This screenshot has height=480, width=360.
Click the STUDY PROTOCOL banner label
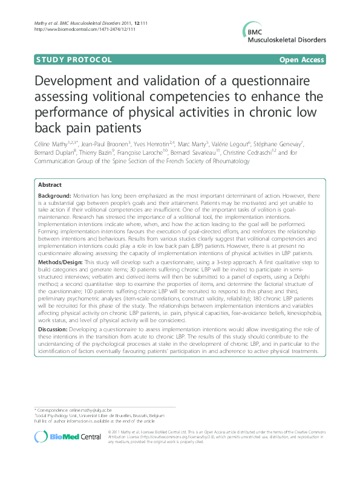pos(66,60)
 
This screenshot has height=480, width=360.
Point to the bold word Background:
pos(54,180)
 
